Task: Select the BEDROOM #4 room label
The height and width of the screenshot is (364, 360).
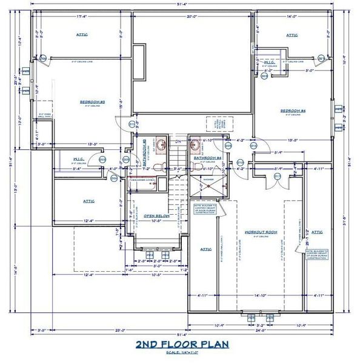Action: [293, 110]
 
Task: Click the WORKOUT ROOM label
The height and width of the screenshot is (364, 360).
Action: [261, 232]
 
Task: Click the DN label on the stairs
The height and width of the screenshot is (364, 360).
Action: [178, 141]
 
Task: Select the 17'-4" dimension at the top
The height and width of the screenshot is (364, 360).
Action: [84, 17]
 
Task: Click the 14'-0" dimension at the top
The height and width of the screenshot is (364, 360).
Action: [293, 17]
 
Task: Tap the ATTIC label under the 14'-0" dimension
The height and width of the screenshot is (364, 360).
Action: [293, 35]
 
